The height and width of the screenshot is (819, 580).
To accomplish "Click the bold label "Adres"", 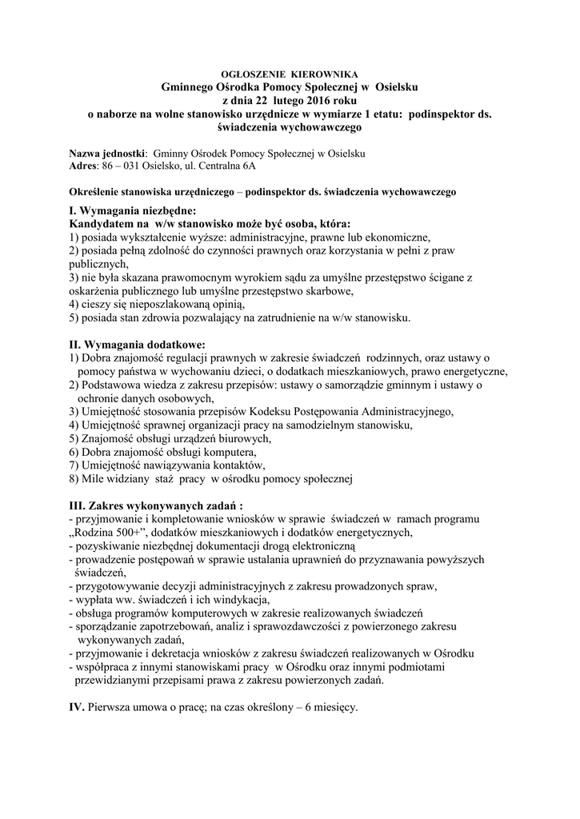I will (x=83, y=166).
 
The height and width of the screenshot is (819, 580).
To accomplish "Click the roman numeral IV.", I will (x=77, y=709).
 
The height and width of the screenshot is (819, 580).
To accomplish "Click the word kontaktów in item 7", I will (x=231, y=465).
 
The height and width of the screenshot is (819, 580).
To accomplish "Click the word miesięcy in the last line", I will (x=334, y=709).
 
